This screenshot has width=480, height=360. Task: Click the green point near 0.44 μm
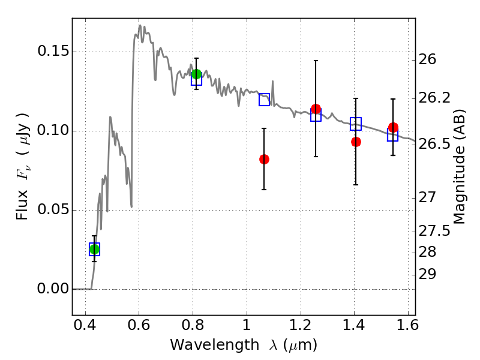(94, 249)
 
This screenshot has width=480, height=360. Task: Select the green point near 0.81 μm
(196, 74)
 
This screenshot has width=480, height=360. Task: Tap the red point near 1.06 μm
(264, 159)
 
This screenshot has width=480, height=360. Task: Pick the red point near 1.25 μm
(316, 109)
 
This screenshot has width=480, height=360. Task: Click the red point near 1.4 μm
(356, 142)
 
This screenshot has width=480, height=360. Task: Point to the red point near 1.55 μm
(393, 127)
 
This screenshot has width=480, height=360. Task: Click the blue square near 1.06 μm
(264, 100)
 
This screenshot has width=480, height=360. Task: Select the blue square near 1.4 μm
(356, 124)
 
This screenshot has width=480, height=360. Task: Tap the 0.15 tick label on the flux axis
(53, 51)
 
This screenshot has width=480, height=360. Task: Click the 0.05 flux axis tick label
(53, 209)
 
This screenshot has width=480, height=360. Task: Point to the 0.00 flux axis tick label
(53, 289)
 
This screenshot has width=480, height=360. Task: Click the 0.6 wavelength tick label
(139, 325)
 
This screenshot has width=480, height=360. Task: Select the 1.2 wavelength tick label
(301, 325)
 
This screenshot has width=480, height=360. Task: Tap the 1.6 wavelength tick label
(407, 325)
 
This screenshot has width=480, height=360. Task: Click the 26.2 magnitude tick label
(434, 98)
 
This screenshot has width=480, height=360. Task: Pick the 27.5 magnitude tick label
(434, 231)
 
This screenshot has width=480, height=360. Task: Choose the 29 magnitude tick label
(427, 275)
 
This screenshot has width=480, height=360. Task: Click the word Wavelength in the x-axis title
(215, 345)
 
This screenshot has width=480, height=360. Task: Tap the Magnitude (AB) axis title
(459, 167)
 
